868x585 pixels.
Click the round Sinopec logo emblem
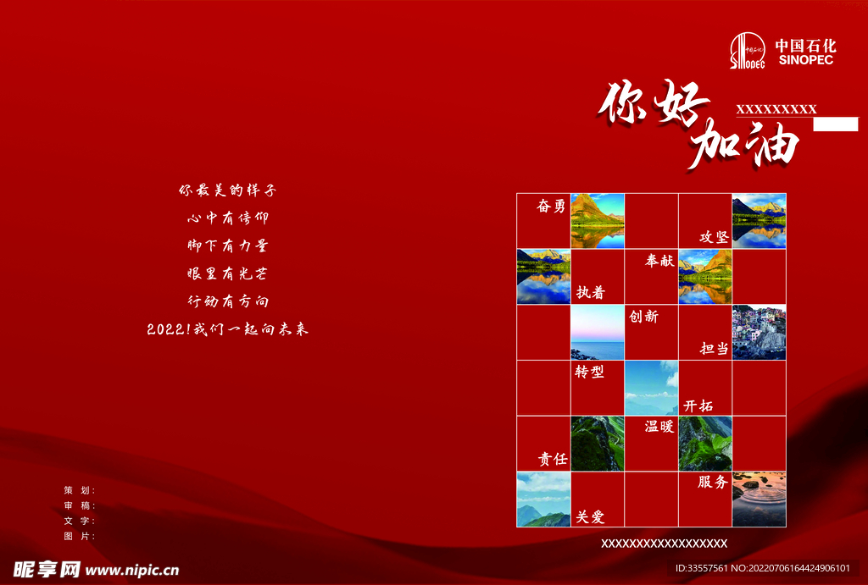click(748, 50)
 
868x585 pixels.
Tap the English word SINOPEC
click(805, 60)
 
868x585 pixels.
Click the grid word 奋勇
click(551, 207)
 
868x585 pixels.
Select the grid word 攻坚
click(714, 237)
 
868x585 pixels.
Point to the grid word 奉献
click(659, 261)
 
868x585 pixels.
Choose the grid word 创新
click(643, 317)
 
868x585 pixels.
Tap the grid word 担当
click(714, 348)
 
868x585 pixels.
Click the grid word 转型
click(589, 372)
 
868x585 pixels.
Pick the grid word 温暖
click(659, 427)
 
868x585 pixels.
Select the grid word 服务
click(712, 483)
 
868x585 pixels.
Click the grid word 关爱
click(590, 517)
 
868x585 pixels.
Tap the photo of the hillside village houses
click(759, 333)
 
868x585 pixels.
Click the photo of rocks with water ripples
click(759, 499)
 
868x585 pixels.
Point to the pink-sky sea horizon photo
click(598, 333)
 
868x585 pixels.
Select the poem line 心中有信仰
click(227, 218)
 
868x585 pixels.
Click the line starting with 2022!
click(227, 329)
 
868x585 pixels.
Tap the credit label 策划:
click(80, 490)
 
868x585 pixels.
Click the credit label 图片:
click(80, 537)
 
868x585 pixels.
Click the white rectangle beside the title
click(835, 124)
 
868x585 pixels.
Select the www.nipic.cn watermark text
click(132, 570)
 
